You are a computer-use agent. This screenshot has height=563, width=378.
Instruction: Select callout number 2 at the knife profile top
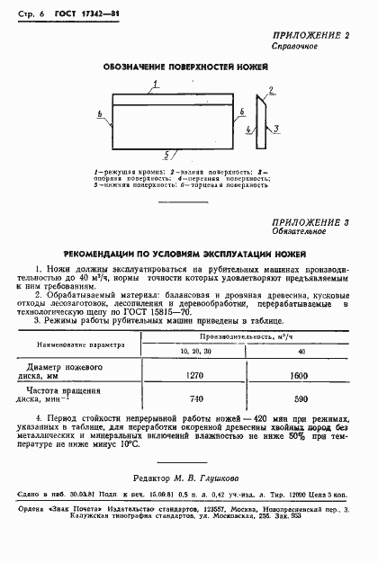270,91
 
